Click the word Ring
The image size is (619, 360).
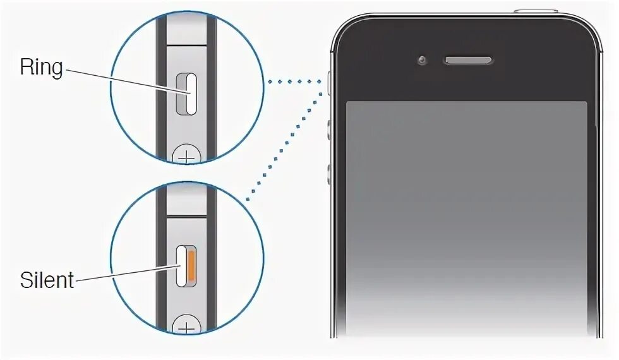42,67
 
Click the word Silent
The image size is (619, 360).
47,280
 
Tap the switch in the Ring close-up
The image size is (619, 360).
187,93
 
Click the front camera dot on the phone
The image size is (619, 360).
421,61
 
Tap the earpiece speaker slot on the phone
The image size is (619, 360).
467,61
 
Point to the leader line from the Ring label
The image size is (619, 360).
126,81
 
